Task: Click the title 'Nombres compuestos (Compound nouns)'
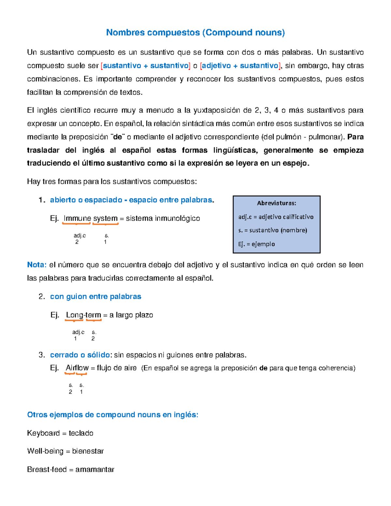[x=195, y=33]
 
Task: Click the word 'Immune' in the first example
[x=77, y=218]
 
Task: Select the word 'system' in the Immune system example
[x=105, y=218]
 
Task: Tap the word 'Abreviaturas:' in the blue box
[x=276, y=203]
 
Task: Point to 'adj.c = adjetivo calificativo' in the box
[x=276, y=217]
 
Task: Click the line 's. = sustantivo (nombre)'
[x=272, y=230]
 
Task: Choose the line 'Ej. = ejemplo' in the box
[x=256, y=244]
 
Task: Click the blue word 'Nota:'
[x=37, y=265]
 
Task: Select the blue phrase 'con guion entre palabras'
[x=95, y=296]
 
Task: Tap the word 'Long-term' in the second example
[x=83, y=315]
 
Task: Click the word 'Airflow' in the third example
[x=77, y=368]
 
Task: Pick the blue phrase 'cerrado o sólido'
[x=80, y=355]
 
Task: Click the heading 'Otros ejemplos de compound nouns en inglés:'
[x=113, y=415]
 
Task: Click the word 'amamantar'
[x=95, y=470]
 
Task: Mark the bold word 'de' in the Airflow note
[x=263, y=368]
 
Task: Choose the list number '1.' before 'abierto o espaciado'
[x=42, y=200]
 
